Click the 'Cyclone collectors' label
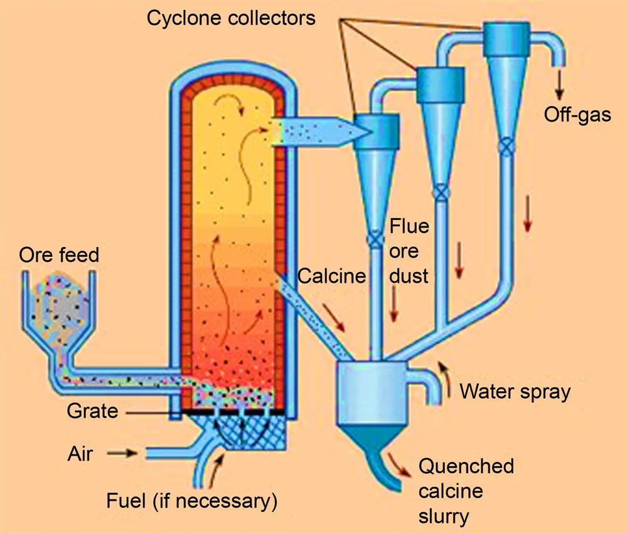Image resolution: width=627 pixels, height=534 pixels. click(230, 18)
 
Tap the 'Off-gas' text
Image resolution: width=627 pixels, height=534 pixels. click(577, 115)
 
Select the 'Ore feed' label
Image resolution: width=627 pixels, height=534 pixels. click(59, 255)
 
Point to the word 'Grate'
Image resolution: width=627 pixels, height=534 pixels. click(92, 411)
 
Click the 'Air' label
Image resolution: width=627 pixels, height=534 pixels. click(80, 453)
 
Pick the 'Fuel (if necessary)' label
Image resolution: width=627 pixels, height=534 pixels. click(191, 501)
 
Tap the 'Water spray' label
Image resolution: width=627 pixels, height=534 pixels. click(515, 392)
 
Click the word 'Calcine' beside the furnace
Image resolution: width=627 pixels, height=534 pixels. click(331, 276)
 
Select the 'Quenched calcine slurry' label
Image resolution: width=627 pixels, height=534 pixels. click(466, 491)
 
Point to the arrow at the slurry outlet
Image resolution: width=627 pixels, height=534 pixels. click(399, 462)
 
